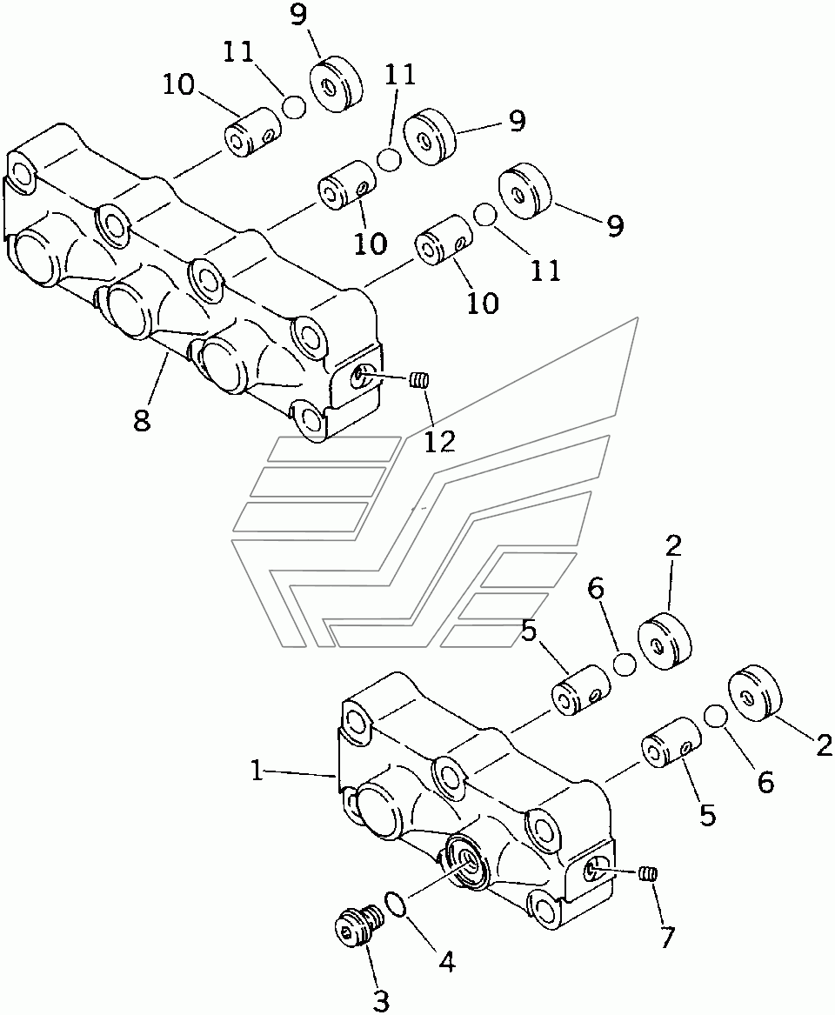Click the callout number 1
[x=257, y=771]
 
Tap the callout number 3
[x=381, y=1001]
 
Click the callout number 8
[x=141, y=421]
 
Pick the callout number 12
[x=440, y=441]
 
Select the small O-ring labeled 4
[x=397, y=905]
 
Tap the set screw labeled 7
[x=646, y=874]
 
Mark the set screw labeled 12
[x=420, y=380]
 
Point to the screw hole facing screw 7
[x=595, y=867]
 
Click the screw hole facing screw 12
[x=358, y=376]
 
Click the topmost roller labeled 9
[x=336, y=85]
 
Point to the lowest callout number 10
[x=483, y=303]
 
